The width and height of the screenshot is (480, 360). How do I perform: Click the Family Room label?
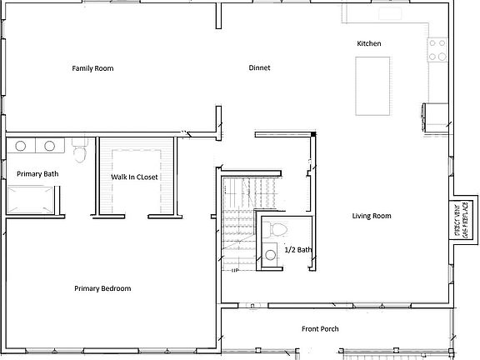point(92,68)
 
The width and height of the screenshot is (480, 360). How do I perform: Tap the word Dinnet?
point(259,68)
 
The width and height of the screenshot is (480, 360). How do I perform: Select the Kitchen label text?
point(369,43)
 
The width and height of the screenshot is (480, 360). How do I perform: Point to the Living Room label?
point(371,216)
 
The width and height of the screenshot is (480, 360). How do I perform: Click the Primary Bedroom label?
point(102,288)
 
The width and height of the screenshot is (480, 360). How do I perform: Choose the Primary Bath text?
point(37,173)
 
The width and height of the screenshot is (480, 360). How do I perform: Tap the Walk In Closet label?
point(135,177)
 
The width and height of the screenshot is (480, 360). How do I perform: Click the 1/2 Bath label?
point(297,249)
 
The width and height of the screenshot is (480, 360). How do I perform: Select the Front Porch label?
point(320,329)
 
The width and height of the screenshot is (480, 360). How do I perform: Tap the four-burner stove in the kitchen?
point(437,50)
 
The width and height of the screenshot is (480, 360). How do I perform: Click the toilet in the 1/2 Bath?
point(277,228)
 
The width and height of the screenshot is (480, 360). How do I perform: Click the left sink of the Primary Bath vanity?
point(22,147)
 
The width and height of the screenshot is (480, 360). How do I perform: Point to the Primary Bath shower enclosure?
point(32,198)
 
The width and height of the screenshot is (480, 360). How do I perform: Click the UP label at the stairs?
point(236,270)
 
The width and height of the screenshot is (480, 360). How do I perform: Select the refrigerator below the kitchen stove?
point(436,112)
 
